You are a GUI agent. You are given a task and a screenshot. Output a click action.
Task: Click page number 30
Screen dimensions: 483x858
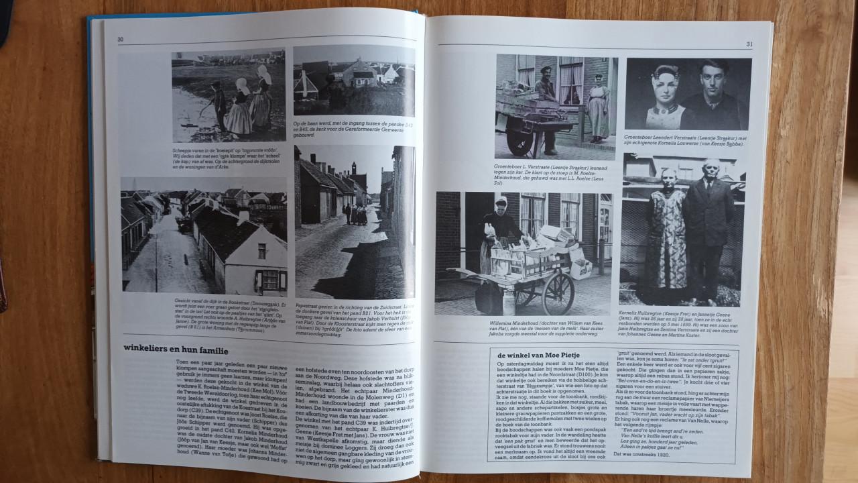coord(121,40)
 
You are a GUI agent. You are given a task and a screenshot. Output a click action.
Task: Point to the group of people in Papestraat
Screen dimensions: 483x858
coord(355,215)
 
